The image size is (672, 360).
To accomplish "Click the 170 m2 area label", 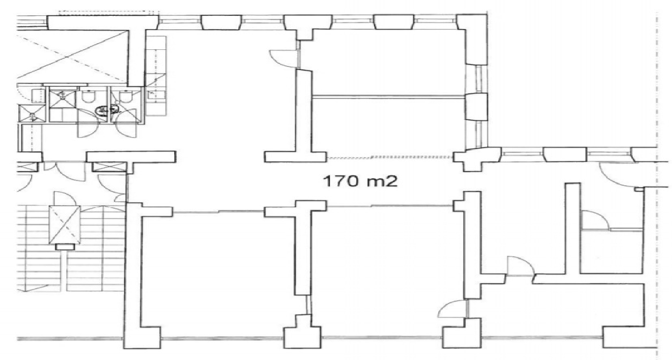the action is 360,181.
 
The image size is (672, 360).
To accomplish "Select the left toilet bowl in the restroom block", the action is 89,97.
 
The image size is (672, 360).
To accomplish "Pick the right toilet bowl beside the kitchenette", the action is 126,97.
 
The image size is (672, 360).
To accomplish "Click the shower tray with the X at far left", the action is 32,113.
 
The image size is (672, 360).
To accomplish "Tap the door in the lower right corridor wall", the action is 521,266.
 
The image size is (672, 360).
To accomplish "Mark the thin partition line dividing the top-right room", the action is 389,96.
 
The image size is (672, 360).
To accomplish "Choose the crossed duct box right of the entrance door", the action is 108,167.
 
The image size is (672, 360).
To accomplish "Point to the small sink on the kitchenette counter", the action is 151,95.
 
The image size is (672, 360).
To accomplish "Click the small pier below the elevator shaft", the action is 65,246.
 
